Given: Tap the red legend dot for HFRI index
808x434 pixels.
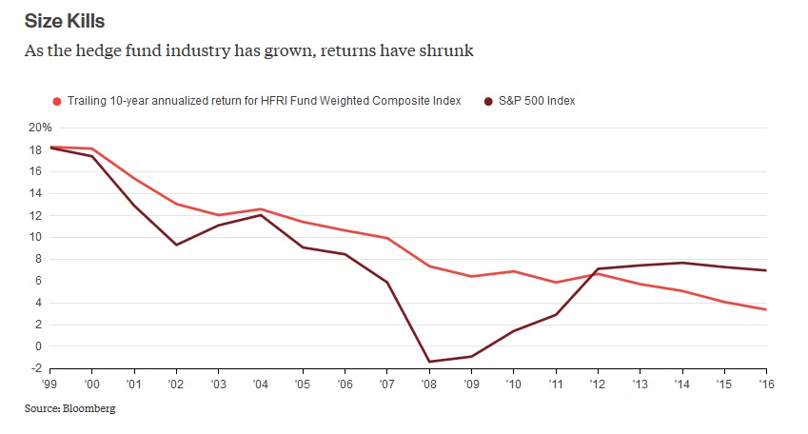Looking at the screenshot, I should point(56,101).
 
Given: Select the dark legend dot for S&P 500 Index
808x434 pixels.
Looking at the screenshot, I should point(489,101).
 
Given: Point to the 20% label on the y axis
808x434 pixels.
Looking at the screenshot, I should point(40,128).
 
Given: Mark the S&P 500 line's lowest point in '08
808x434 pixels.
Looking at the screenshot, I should point(429,362).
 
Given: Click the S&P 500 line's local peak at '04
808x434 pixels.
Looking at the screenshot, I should point(261,215).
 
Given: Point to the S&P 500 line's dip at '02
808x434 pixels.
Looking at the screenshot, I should point(176,245).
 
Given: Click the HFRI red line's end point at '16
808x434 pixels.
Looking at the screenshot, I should point(766,309).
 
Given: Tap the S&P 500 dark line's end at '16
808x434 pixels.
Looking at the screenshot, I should point(766,270).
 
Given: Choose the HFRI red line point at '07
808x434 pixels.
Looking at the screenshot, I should point(387,238).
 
